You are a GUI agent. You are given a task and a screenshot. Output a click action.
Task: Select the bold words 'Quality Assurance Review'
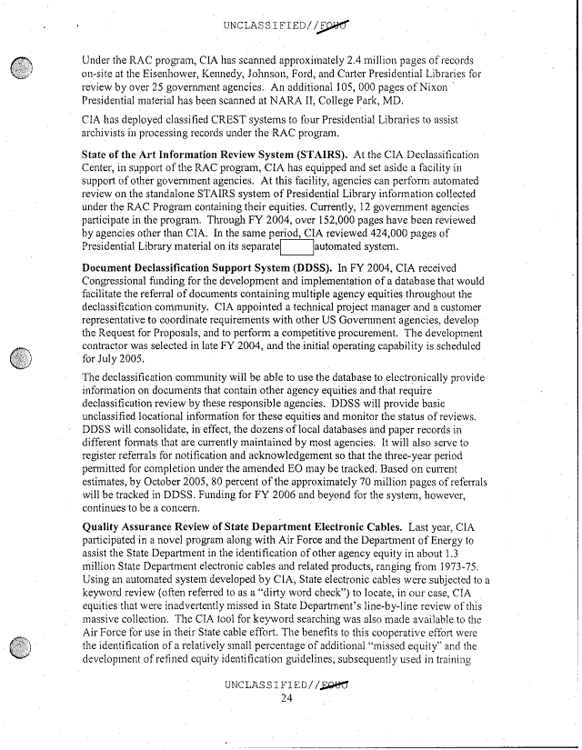pos(157,526)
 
